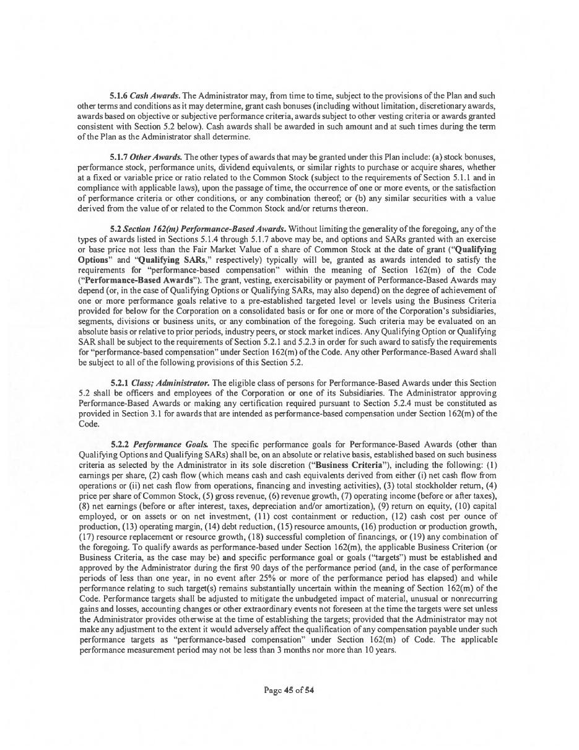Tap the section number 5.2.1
(x=120, y=383)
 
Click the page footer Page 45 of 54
(x=289, y=689)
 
